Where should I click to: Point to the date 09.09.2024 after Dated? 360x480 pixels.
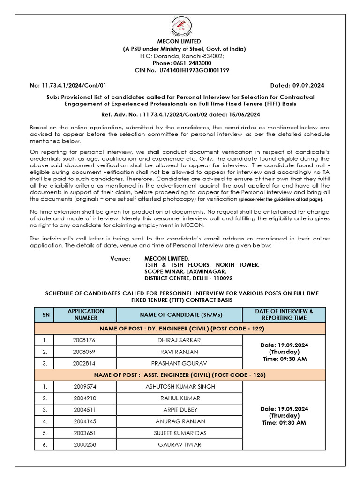point(307,85)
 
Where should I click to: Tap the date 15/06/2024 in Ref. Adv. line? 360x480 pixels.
point(245,114)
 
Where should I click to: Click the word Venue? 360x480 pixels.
point(120,258)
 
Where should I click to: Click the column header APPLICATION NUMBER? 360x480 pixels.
point(86,315)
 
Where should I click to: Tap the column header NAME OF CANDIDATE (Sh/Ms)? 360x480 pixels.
point(179,315)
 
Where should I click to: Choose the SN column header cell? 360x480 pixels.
point(46,315)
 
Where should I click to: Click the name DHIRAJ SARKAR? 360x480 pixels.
point(179,340)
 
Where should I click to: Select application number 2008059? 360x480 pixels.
point(85,352)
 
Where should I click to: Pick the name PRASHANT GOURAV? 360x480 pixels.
point(179,363)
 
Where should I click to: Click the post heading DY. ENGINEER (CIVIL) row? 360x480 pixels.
point(180,328)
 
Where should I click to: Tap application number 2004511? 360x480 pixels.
point(85,410)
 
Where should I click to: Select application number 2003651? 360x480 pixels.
point(85,433)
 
